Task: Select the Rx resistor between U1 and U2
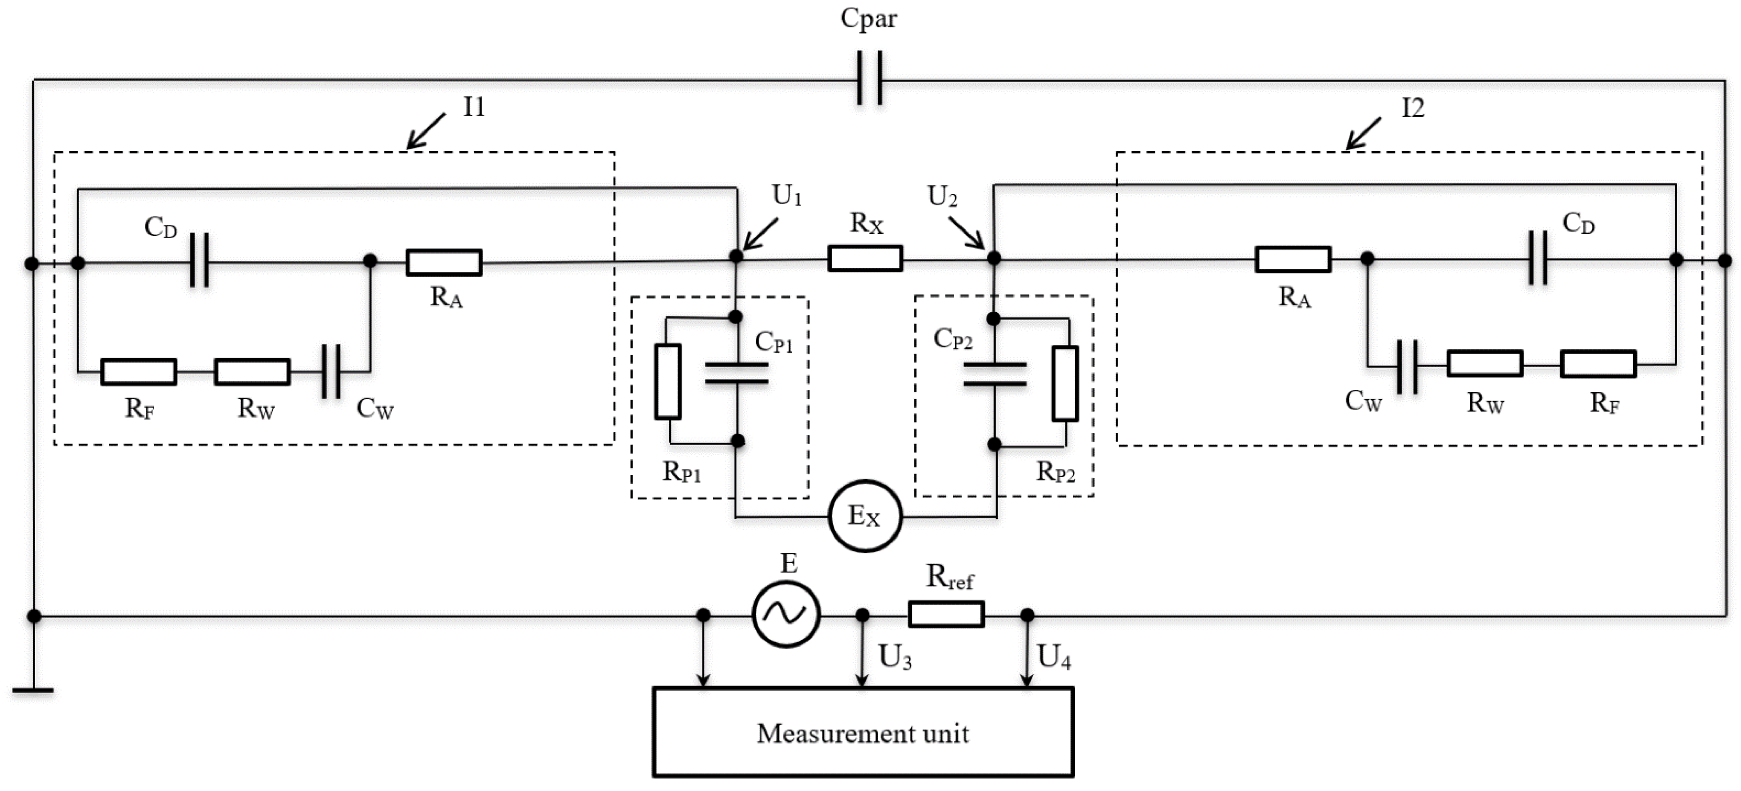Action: coord(865,258)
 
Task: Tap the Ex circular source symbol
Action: coord(865,516)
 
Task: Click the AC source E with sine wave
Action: coord(785,614)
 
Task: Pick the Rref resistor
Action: coord(945,614)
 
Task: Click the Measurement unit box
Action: coord(863,732)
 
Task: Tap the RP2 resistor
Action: coord(1065,383)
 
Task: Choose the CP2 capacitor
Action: coord(994,374)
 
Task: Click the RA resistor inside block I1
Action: coord(444,262)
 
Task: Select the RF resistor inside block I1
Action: coord(139,372)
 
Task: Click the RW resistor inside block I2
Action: coord(1485,364)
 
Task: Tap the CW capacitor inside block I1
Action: coord(331,372)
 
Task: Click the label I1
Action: coord(474,107)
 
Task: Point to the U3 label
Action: coord(895,656)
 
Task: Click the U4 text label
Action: coord(1054,656)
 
